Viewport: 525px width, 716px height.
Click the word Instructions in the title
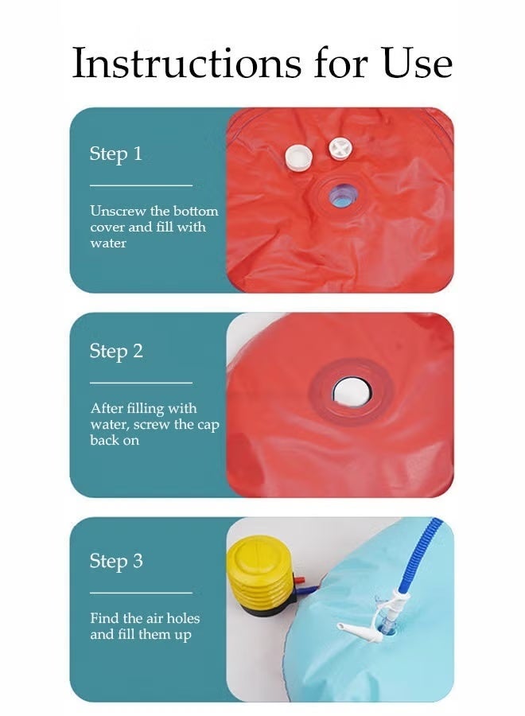click(187, 63)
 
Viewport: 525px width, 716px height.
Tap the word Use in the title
click(417, 63)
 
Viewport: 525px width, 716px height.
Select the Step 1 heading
click(116, 154)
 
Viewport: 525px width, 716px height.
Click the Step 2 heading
click(116, 351)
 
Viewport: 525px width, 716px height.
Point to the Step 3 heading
click(116, 561)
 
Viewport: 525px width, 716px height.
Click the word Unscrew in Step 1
click(118, 211)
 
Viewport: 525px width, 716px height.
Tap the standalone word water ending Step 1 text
click(108, 243)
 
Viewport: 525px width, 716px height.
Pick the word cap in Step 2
click(208, 425)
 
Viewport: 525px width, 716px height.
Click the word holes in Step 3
click(183, 618)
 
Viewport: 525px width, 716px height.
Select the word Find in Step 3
click(101, 618)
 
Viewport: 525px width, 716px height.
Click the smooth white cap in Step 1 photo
click(298, 157)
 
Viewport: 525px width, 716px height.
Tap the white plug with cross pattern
click(340, 149)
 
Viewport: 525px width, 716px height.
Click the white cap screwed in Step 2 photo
click(351, 391)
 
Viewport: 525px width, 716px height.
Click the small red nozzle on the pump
click(298, 581)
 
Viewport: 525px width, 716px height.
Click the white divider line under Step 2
click(141, 383)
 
